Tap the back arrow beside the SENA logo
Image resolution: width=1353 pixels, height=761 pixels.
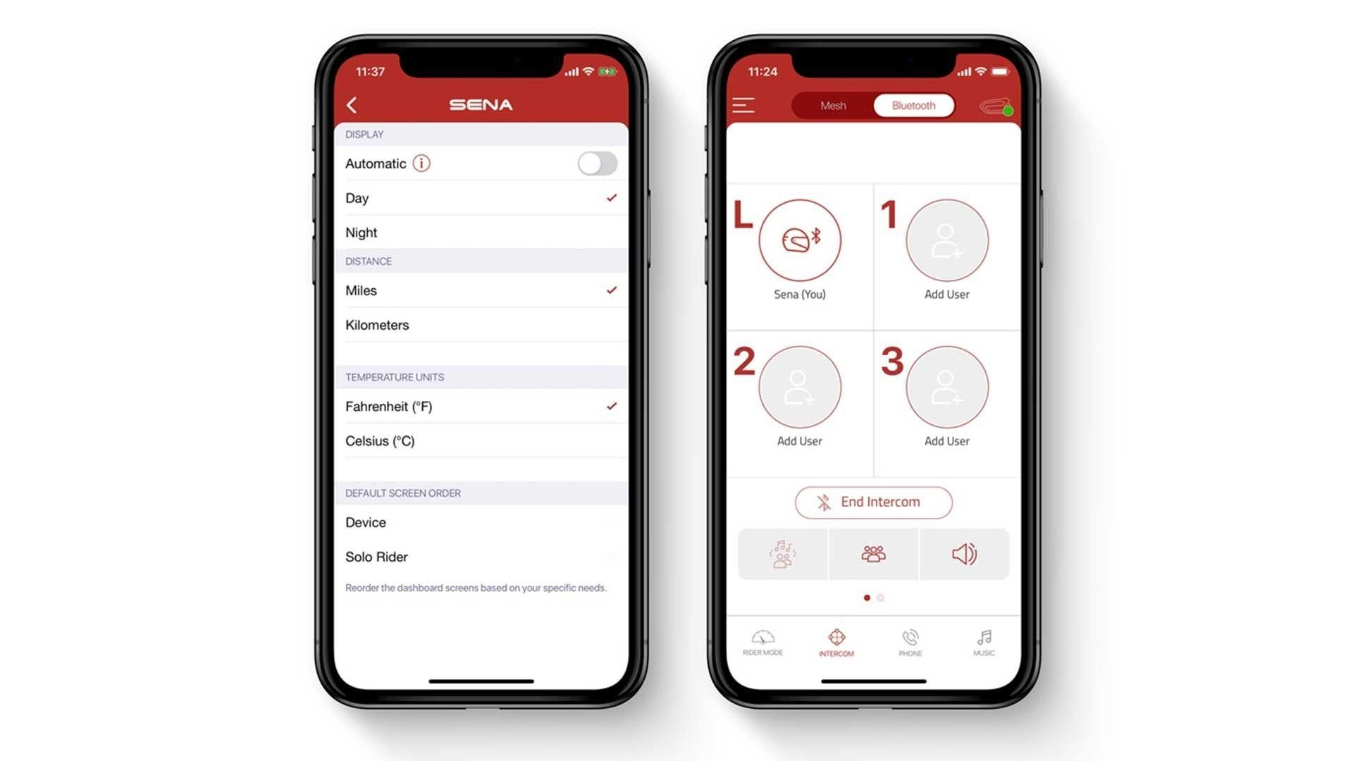pos(352,105)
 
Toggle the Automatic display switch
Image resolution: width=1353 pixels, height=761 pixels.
pos(598,163)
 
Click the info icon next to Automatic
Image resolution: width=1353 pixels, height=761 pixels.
pos(421,163)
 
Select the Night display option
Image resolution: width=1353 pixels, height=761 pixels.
pos(362,233)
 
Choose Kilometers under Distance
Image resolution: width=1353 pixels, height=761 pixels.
pos(377,325)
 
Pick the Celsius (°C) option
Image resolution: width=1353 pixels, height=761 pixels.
pos(380,441)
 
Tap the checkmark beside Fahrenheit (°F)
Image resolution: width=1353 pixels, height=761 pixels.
pos(612,406)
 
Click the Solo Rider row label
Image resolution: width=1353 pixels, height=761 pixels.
pos(376,557)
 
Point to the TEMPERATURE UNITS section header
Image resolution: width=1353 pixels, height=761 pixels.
pos(395,377)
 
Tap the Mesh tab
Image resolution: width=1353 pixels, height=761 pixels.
pos(833,106)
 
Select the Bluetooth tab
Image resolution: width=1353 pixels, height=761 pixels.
pos(914,106)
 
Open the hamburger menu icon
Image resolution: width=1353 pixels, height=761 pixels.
pos(743,105)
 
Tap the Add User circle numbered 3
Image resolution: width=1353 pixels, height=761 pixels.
pos(947,387)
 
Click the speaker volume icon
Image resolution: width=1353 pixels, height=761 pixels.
pos(964,554)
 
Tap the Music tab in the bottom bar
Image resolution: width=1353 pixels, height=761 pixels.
pos(984,643)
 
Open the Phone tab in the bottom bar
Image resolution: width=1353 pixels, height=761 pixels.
pos(910,643)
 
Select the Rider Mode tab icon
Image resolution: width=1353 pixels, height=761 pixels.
pos(762,638)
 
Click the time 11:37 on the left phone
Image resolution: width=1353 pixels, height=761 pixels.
pos(370,72)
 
